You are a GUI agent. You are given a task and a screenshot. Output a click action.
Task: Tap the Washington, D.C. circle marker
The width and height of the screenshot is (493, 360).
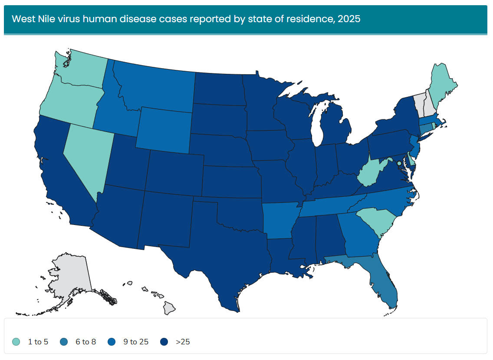click(399, 164)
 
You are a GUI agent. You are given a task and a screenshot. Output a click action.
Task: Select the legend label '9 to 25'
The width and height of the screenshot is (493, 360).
click(136, 342)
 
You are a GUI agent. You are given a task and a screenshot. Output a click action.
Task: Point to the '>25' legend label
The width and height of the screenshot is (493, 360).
click(183, 342)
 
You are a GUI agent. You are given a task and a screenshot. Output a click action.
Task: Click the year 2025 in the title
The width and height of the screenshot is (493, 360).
click(350, 19)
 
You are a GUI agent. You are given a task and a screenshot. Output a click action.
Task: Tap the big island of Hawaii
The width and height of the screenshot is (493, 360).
click(170, 308)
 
